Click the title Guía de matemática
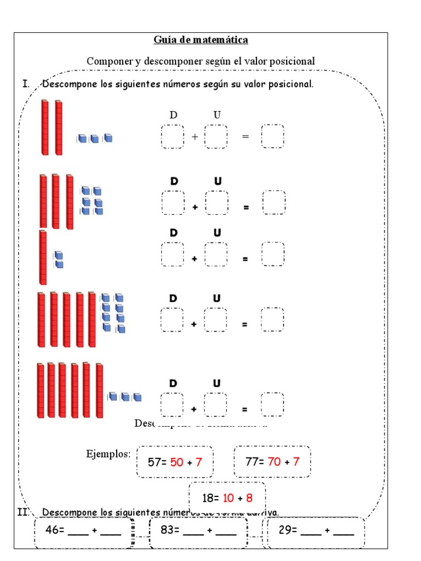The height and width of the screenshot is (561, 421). tap(201, 40)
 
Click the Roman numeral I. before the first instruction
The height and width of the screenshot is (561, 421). tap(25, 84)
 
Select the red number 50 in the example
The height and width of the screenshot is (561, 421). tap(177, 462)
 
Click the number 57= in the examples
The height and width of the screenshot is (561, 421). tap(157, 462)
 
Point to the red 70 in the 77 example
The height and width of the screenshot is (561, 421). tap(274, 461)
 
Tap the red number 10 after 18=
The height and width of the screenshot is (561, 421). tap(229, 498)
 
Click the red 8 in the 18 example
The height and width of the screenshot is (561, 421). tap(249, 498)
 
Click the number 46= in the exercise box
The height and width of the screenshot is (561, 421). tap(54, 530)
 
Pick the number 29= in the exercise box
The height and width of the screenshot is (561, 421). tap(287, 530)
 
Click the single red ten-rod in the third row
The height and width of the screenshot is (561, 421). tap(43, 257)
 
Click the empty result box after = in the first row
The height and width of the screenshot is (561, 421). tap(272, 136)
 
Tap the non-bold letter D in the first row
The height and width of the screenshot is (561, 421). tap(173, 115)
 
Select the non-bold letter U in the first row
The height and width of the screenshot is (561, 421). tap(217, 115)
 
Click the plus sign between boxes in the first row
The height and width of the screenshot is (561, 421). tap(195, 137)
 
